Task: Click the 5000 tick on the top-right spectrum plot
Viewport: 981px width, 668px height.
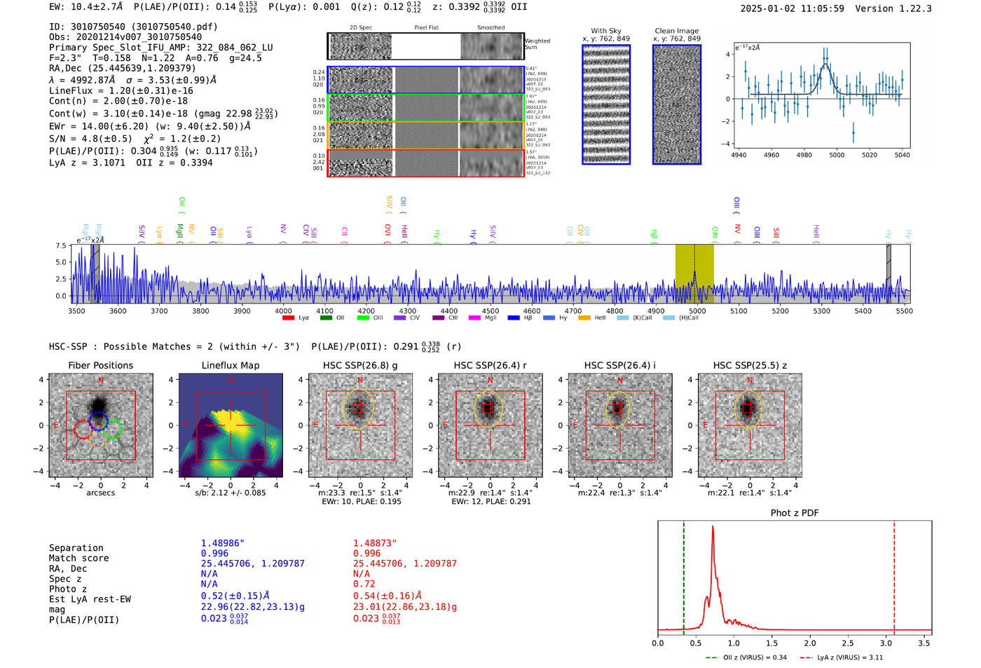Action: pos(837,155)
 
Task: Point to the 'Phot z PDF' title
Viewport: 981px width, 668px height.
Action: pos(795,513)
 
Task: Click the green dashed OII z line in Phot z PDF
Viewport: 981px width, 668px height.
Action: pos(684,575)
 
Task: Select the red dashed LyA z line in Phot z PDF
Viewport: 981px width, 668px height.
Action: pos(894,575)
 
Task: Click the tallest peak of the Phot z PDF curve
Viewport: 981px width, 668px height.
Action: pos(713,527)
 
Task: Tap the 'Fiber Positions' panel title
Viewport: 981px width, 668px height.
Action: pos(100,365)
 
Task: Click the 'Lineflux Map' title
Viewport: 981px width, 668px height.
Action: pos(231,365)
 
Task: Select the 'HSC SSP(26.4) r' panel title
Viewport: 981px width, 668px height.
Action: pos(490,365)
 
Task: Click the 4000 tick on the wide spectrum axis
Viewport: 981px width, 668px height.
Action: pos(283,311)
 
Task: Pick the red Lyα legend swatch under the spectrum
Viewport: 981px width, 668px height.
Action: pos(288,318)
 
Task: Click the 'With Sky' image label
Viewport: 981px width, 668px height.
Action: pos(606,31)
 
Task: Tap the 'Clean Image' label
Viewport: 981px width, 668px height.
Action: pos(676,31)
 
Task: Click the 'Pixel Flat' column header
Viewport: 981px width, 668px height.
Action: pos(426,28)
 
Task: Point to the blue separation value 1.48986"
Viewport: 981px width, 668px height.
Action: pos(223,543)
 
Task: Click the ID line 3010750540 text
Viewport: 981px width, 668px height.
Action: pos(133,27)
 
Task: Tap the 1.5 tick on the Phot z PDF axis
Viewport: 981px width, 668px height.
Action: pos(771,643)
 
